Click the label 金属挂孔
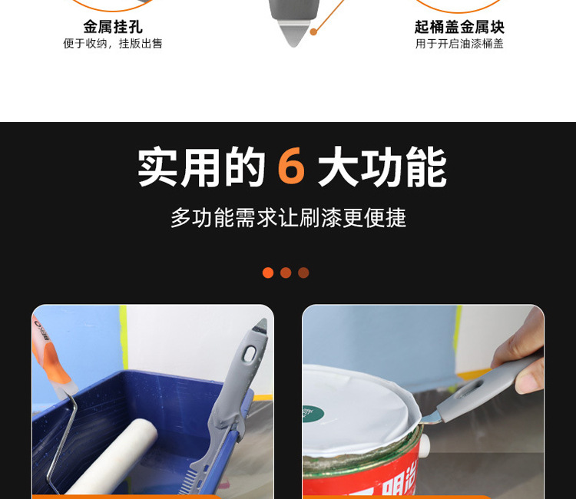tap(113, 27)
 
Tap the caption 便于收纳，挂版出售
tap(113, 44)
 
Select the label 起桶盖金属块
tap(459, 27)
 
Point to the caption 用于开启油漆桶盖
tap(459, 44)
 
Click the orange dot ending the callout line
tap(313, 31)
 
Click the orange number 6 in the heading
tap(291, 167)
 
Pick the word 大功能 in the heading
tap(382, 167)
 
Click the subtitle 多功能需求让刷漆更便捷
tap(288, 218)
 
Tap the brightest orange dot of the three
tap(268, 273)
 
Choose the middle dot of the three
tap(286, 273)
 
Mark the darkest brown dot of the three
tap(303, 273)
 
